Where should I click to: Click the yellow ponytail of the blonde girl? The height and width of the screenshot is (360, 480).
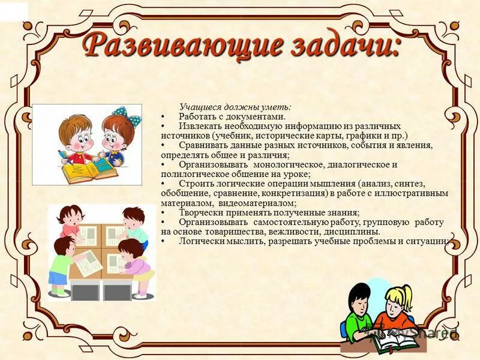pyautogui.click(x=409, y=293)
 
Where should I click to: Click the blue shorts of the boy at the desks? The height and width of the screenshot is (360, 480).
pyautogui.click(x=59, y=278)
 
